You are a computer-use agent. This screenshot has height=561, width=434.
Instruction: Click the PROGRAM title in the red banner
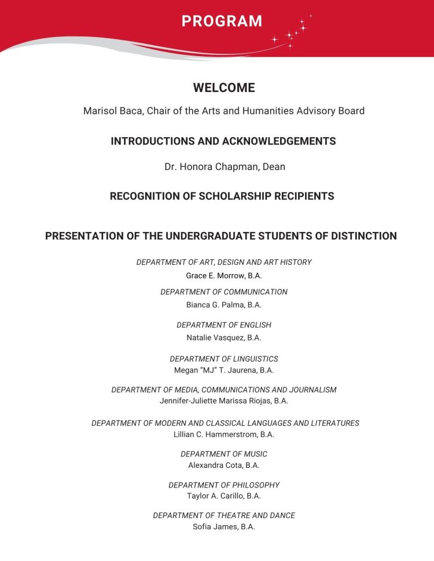click(222, 21)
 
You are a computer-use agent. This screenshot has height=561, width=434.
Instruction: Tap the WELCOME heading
click(224, 88)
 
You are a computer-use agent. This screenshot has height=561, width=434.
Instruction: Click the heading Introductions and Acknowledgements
click(223, 141)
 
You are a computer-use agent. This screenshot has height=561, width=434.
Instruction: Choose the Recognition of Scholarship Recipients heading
click(222, 196)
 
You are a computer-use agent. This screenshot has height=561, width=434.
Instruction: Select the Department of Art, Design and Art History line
click(224, 262)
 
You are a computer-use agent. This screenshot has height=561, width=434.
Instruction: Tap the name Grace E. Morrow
click(211, 275)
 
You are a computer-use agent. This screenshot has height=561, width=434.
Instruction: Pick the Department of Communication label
click(224, 292)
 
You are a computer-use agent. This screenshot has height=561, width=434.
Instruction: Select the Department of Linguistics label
click(224, 359)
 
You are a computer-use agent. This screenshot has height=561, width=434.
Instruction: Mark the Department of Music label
click(224, 454)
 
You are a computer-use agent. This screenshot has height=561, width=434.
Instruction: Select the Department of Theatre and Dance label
click(224, 515)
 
